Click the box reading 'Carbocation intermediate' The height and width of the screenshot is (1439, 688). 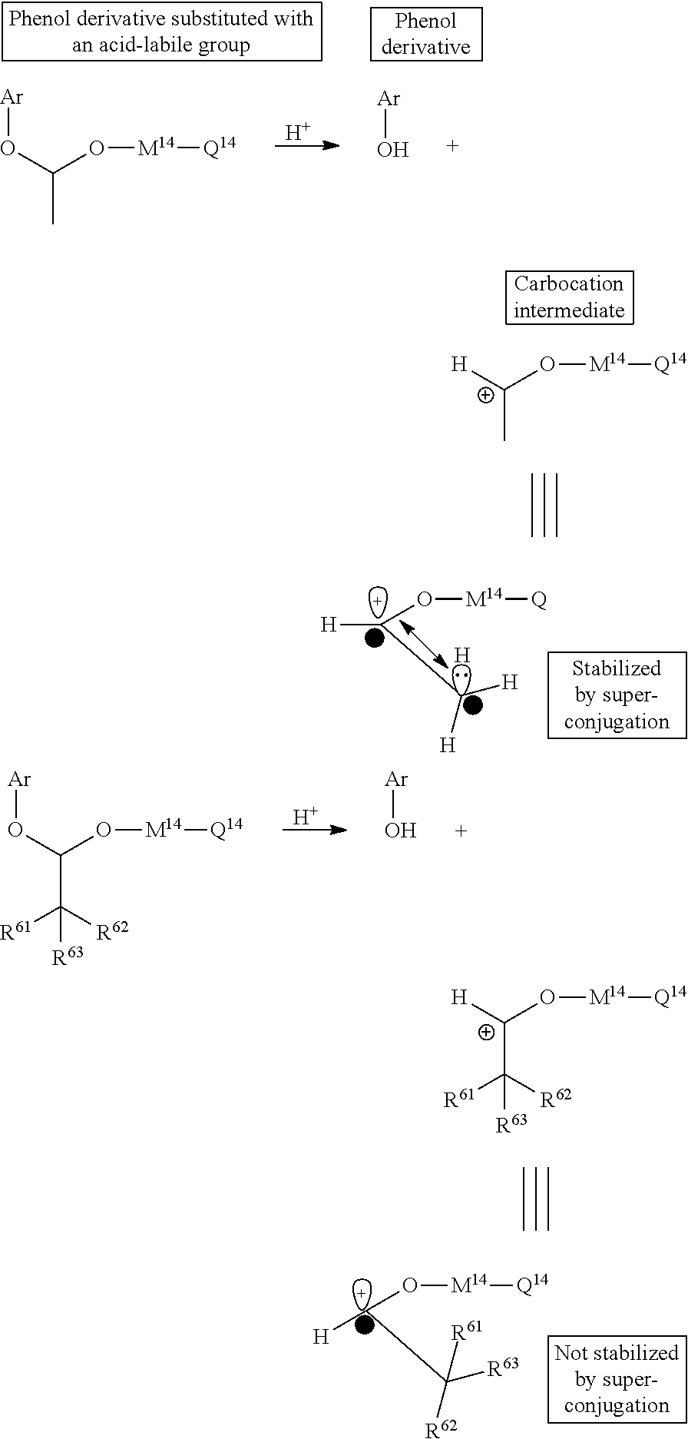tap(569, 297)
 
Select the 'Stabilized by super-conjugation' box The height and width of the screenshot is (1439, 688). tap(617, 695)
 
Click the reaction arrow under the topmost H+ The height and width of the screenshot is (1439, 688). tap(306, 144)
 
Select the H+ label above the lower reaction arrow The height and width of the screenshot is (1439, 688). tap(306, 817)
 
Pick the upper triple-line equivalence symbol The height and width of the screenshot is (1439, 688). tap(544, 505)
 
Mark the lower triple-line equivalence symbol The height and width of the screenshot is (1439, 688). tap(535, 1199)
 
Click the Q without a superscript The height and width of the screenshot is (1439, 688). tap(539, 601)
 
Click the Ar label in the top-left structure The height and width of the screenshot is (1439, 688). tap(12, 98)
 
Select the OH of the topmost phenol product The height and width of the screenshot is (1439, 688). tap(392, 150)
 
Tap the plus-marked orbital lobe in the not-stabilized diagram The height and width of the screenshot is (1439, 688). tap(361, 1295)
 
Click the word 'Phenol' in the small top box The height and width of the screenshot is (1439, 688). tap(425, 22)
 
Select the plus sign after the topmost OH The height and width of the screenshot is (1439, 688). tap(453, 145)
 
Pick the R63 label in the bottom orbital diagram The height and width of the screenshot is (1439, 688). tap(502, 1364)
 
